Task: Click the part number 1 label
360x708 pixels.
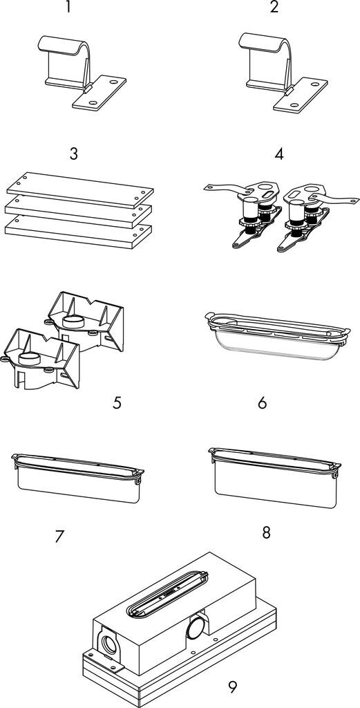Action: (68, 7)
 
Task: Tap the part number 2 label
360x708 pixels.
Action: (274, 7)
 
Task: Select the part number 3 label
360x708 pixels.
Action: (74, 154)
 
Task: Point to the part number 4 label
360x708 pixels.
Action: (279, 154)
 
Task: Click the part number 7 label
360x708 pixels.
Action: (60, 537)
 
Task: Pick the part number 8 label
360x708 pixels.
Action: (266, 532)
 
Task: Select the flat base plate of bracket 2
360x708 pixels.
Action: (301, 95)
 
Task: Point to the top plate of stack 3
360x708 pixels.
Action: (80, 189)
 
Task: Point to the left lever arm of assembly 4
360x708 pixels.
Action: (225, 188)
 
